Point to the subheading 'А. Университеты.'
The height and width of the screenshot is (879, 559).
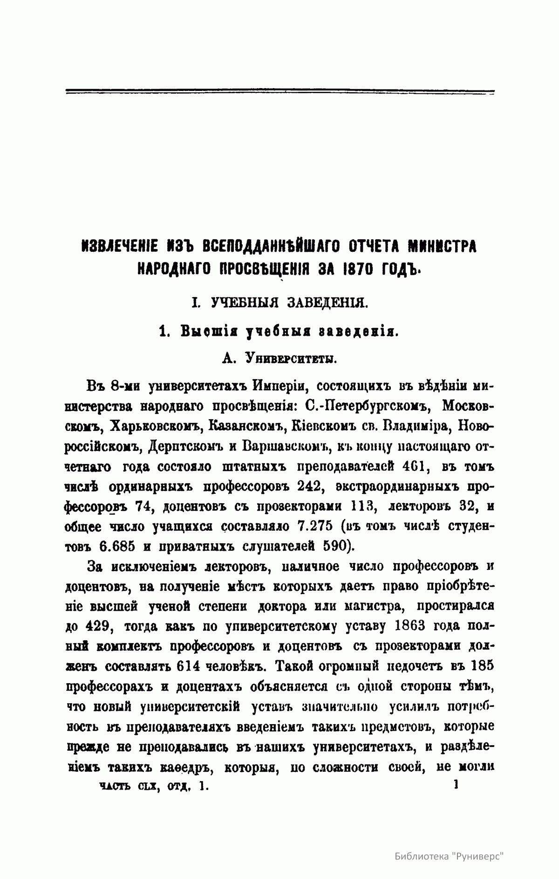pyautogui.click(x=280, y=358)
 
